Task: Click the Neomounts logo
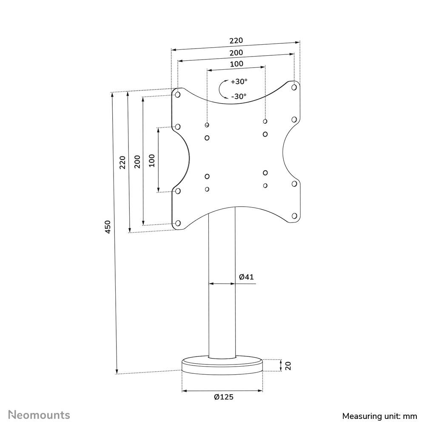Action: pyautogui.click(x=40, y=415)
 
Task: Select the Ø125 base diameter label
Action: pyautogui.click(x=224, y=397)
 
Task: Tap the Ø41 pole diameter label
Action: pyautogui.click(x=246, y=277)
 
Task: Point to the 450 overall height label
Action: pyautogui.click(x=108, y=227)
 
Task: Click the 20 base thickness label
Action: pyautogui.click(x=288, y=365)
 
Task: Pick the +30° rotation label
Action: pyautogui.click(x=239, y=82)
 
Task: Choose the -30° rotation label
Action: pyautogui.click(x=239, y=97)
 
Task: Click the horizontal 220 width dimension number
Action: pyautogui.click(x=236, y=41)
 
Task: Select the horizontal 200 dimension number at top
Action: pyautogui.click(x=236, y=53)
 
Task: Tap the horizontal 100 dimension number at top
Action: pyautogui.click(x=236, y=64)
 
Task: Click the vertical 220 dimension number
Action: pyautogui.click(x=122, y=162)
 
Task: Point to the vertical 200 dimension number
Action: pyautogui.click(x=137, y=161)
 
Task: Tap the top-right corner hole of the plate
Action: pyautogui.click(x=294, y=87)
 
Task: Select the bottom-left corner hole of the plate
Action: pyautogui.click(x=178, y=223)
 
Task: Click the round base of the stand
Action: pyautogui.click(x=222, y=367)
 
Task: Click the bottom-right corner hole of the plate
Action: pyautogui.click(x=294, y=216)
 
